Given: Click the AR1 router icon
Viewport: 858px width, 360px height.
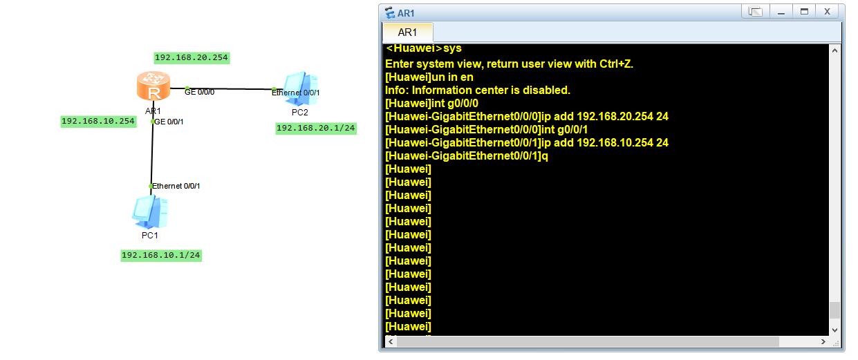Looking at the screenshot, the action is pyautogui.click(x=153, y=86).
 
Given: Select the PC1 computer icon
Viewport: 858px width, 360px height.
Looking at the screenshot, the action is pyautogui.click(x=150, y=212).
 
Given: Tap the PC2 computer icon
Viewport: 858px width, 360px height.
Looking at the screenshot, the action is pyautogui.click(x=301, y=88).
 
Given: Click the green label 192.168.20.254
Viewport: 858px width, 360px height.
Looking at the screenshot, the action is pyautogui.click(x=192, y=58).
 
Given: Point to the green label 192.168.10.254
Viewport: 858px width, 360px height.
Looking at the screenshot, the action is pyautogui.click(x=98, y=122).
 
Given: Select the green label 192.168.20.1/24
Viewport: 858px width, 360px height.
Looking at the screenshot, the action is pyautogui.click(x=316, y=129).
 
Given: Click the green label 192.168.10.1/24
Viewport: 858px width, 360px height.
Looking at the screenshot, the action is pyautogui.click(x=161, y=256).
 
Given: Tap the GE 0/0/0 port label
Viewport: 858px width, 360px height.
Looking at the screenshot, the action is pyautogui.click(x=200, y=92).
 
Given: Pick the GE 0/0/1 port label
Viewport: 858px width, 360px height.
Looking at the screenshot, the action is pyautogui.click(x=169, y=122).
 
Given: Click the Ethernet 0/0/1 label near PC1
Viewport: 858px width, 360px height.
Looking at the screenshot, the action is pyautogui.click(x=176, y=186).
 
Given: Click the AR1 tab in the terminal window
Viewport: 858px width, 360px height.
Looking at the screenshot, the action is pyautogui.click(x=407, y=32).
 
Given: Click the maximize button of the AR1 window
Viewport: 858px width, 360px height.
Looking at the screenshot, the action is pyautogui.click(x=804, y=12).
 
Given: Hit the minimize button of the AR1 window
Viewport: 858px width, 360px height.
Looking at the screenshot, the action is pyautogui.click(x=781, y=12).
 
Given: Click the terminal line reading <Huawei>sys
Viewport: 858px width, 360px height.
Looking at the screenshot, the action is pyautogui.click(x=424, y=48).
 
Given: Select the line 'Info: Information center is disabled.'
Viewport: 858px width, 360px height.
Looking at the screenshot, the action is pyautogui.click(x=478, y=91).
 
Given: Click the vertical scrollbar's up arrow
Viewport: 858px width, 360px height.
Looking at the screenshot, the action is pyautogui.click(x=835, y=50).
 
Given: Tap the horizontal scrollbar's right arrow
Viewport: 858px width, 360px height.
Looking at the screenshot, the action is pyautogui.click(x=823, y=341).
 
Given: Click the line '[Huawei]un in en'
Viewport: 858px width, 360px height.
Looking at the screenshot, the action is pyautogui.click(x=429, y=77).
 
